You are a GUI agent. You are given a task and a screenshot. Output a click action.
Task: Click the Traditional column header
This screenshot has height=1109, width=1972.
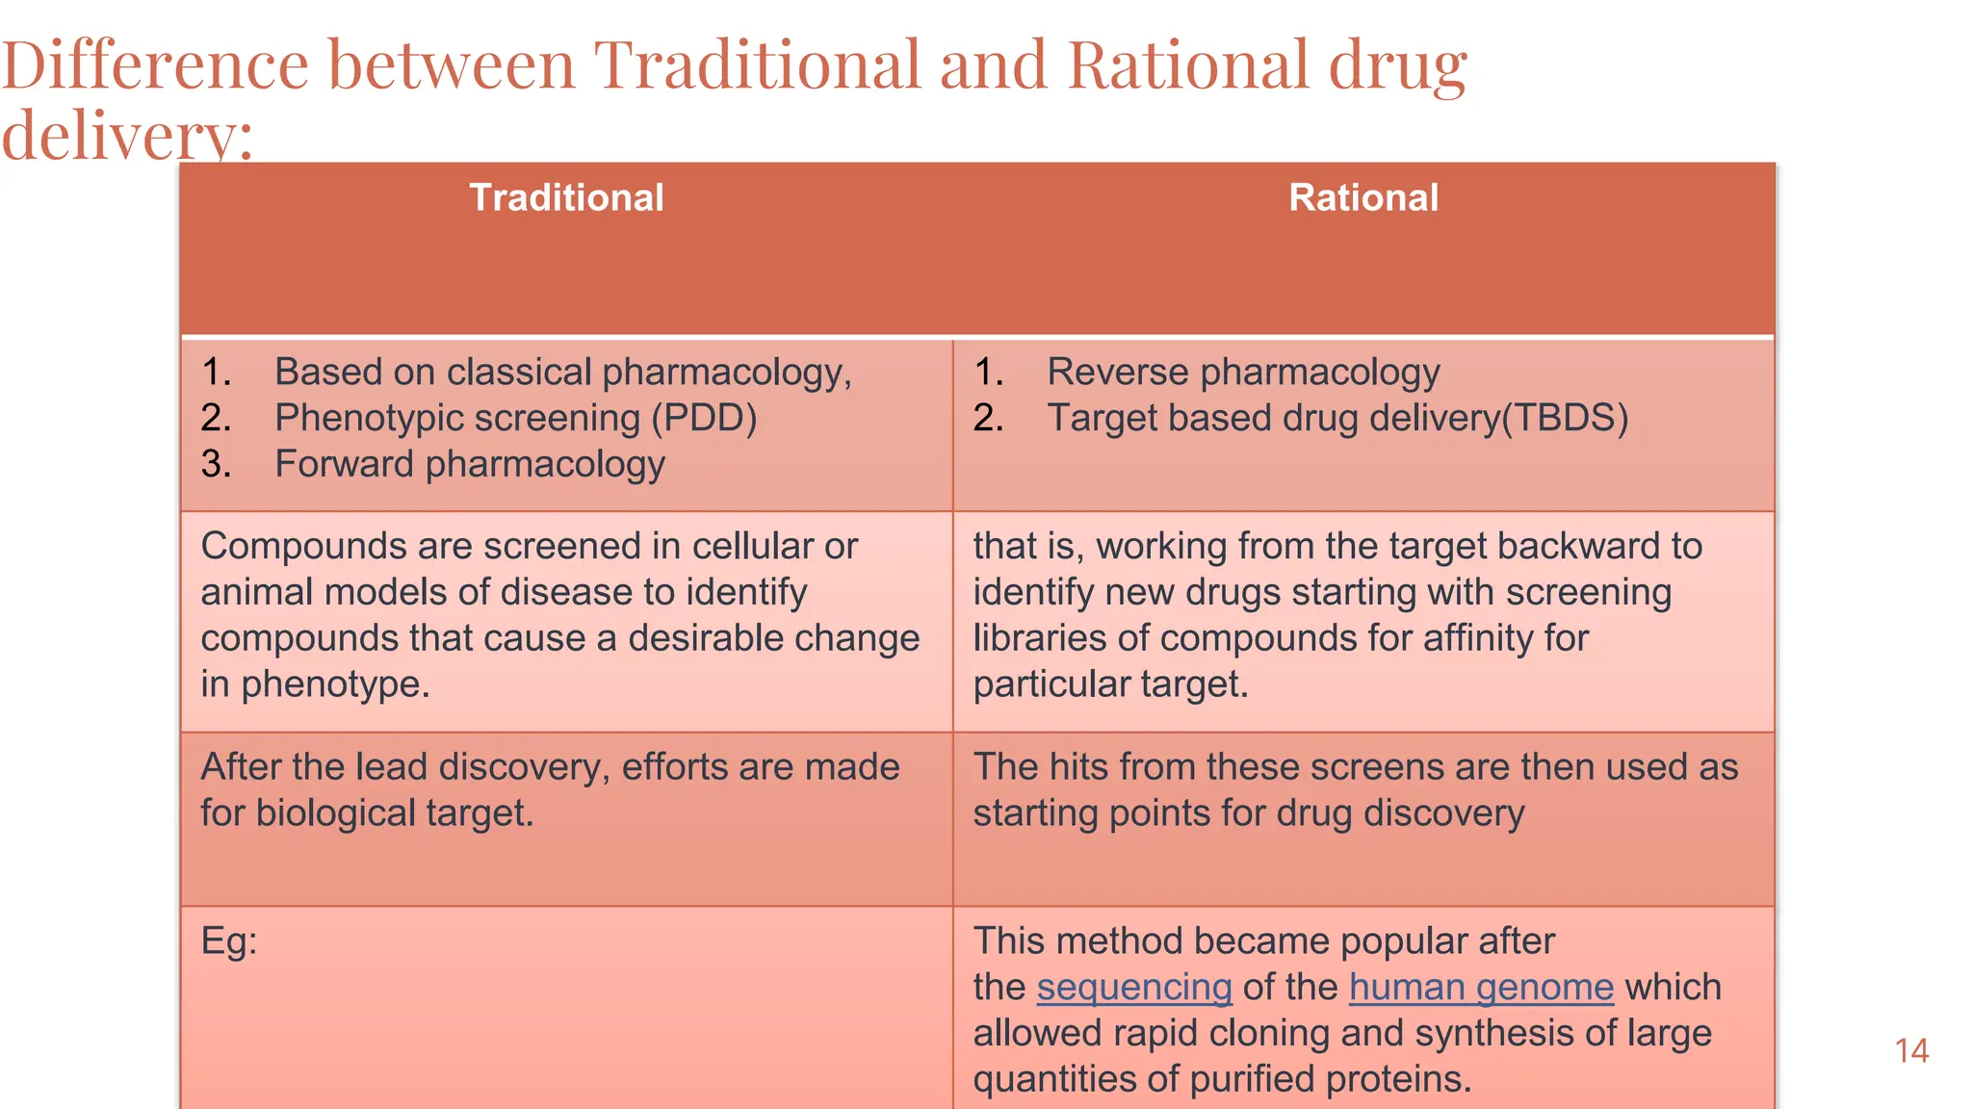coord(566,198)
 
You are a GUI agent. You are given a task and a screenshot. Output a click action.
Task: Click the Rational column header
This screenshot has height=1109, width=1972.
coord(1362,198)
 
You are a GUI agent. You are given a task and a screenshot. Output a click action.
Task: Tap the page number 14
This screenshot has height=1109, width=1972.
coord(1911,1050)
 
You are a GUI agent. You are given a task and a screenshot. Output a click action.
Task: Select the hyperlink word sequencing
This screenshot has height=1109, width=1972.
coord(1134,988)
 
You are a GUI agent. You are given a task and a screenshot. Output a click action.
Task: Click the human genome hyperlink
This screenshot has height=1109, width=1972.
coord(1481,988)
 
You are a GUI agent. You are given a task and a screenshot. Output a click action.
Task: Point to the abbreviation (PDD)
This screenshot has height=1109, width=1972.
coord(704,419)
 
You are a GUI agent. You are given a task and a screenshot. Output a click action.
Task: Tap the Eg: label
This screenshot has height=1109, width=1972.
coord(229,941)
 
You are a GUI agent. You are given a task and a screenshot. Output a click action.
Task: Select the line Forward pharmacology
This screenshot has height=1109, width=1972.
coord(470,465)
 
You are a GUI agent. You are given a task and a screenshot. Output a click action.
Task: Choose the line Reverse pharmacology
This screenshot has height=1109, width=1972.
coord(1243,373)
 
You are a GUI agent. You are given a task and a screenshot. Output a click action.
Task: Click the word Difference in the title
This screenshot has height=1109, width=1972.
coord(155,65)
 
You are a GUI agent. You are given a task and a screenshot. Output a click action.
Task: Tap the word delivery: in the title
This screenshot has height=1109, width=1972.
coord(127,136)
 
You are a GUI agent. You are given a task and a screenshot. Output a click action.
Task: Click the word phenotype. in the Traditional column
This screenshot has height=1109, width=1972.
coord(335,684)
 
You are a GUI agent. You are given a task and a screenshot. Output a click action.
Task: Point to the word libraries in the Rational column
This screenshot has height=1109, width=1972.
coord(1039,638)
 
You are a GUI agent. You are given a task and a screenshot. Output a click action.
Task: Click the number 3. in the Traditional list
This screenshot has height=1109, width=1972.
coord(217,465)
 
